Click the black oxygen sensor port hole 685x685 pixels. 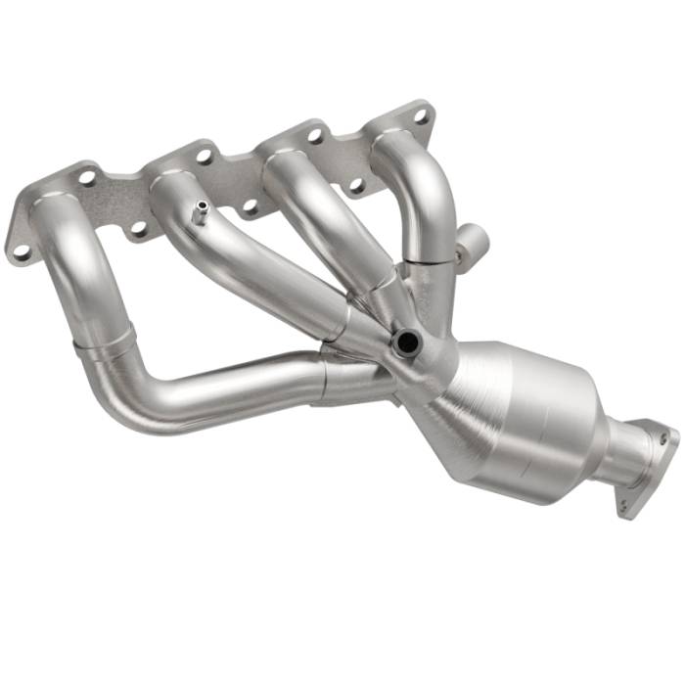(x=405, y=342)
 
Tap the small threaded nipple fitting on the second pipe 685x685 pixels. (x=200, y=211)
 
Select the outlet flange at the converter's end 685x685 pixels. (x=645, y=464)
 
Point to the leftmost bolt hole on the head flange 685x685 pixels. (x=19, y=251)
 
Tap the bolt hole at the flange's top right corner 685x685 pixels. (x=421, y=114)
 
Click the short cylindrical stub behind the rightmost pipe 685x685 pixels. (x=471, y=241)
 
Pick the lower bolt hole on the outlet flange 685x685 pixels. (x=623, y=504)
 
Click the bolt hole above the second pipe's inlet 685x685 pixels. (x=204, y=154)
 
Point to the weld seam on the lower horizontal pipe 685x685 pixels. (x=322, y=377)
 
